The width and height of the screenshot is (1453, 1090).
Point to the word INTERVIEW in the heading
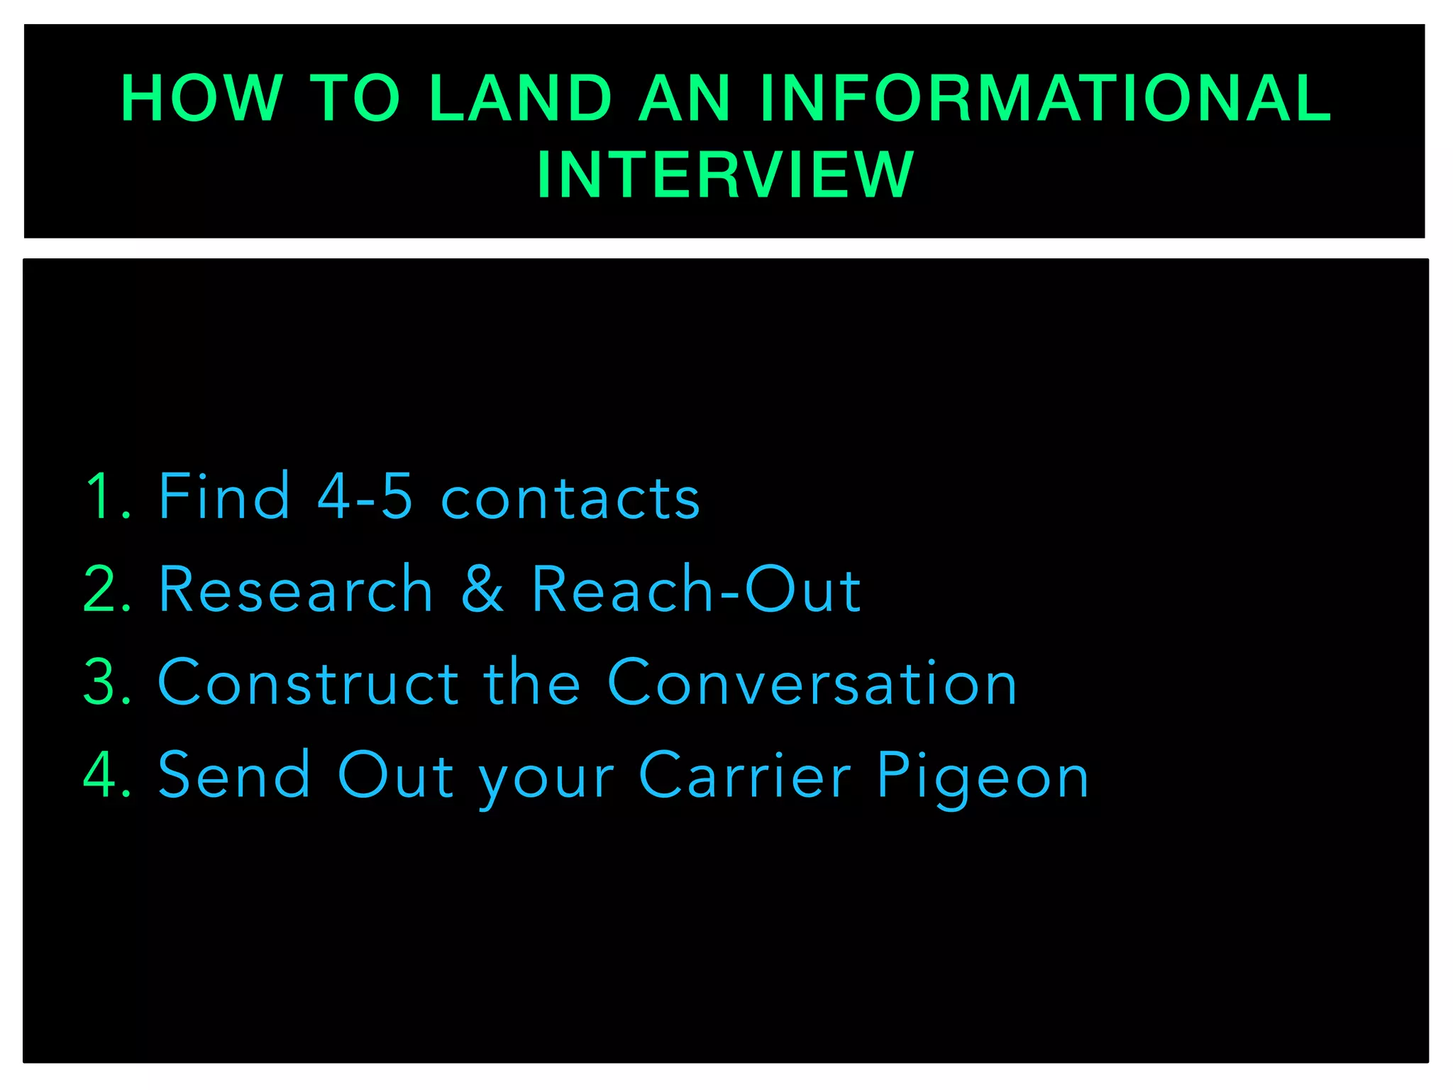point(725,175)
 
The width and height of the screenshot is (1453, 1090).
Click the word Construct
point(309,682)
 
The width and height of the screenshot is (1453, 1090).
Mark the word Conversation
point(812,682)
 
